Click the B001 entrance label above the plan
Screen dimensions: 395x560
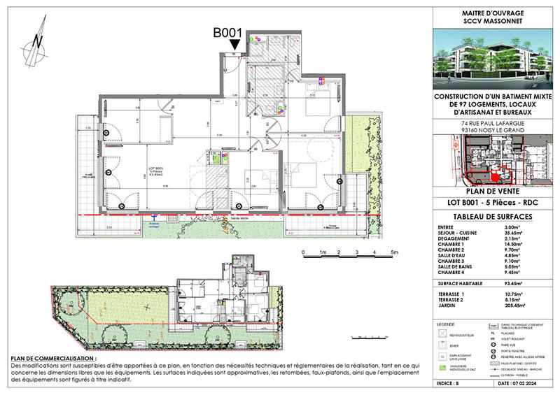227,32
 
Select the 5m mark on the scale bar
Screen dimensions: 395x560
394,252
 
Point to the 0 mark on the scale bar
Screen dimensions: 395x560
303,252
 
